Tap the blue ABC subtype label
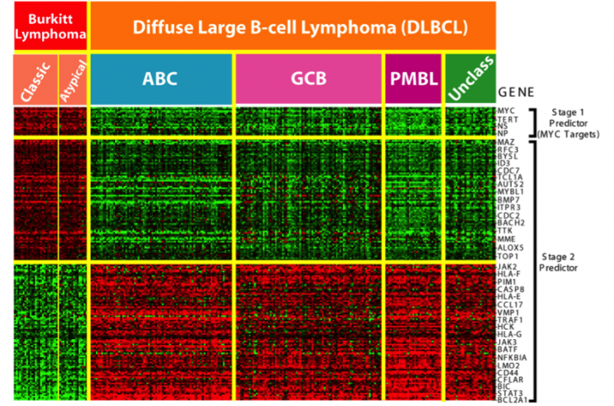pos(161,79)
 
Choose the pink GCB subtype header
pos(309,79)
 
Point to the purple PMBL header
pos(413,79)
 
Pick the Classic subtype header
pos(35,79)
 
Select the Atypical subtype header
pos(74,79)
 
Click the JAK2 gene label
pos(508,265)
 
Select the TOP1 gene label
pos(508,255)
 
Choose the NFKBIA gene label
pos(512,356)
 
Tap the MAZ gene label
pos(507,142)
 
